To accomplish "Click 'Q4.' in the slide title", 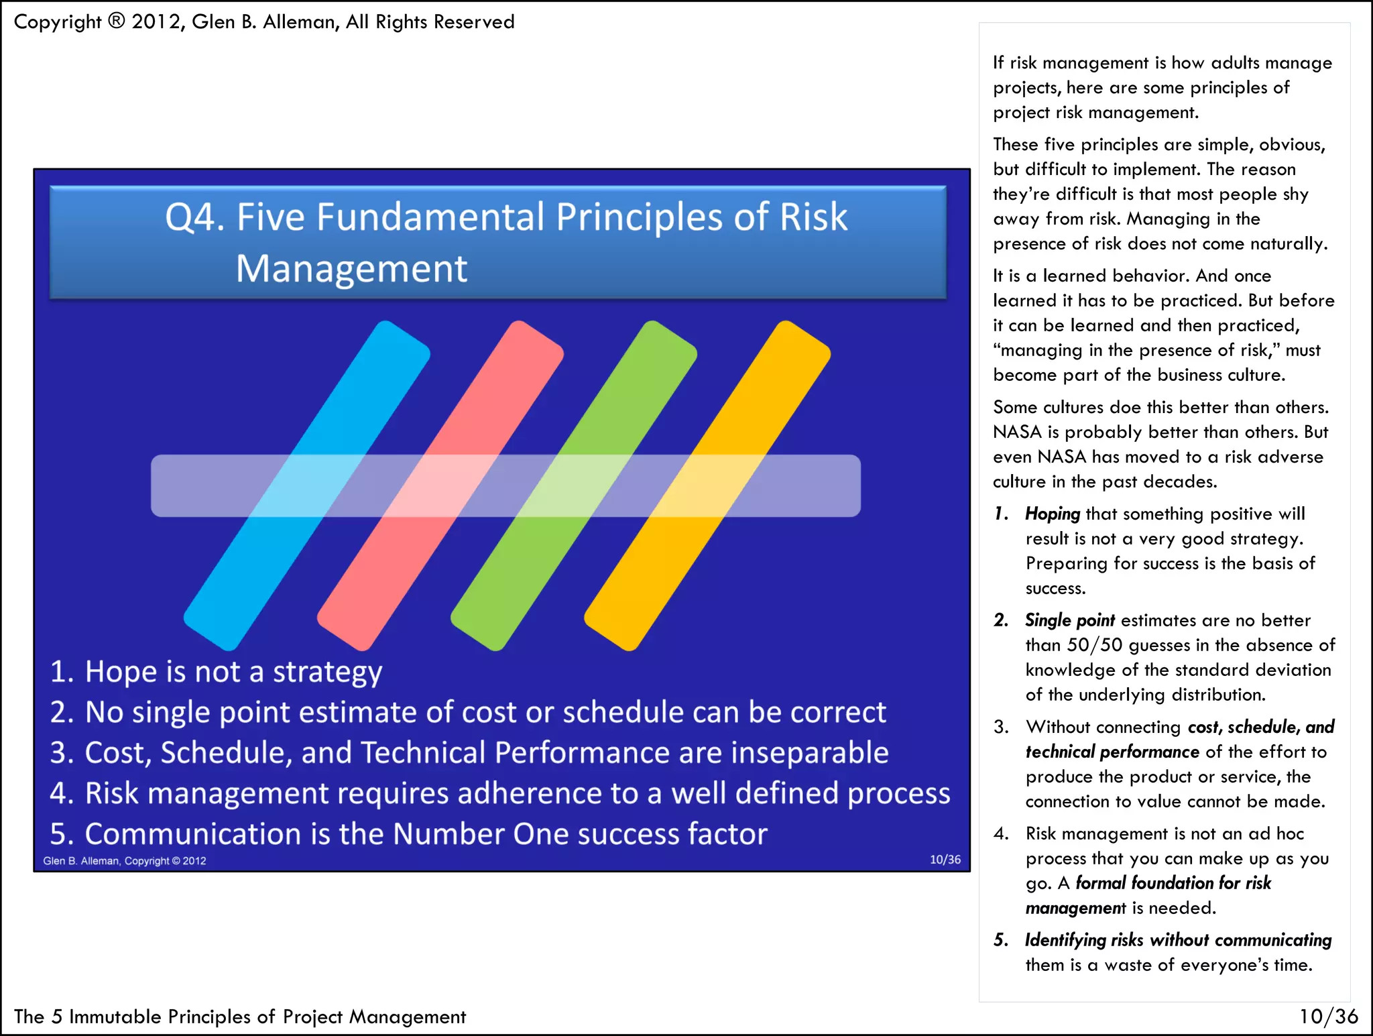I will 195,217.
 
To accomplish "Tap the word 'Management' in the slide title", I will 351,269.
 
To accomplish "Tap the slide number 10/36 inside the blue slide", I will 945,860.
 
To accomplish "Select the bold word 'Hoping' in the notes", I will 1052,514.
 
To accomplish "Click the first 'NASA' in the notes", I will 1017,432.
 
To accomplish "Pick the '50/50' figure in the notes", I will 1094,645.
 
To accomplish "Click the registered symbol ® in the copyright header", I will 116,21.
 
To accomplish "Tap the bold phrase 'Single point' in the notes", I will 1069,620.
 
